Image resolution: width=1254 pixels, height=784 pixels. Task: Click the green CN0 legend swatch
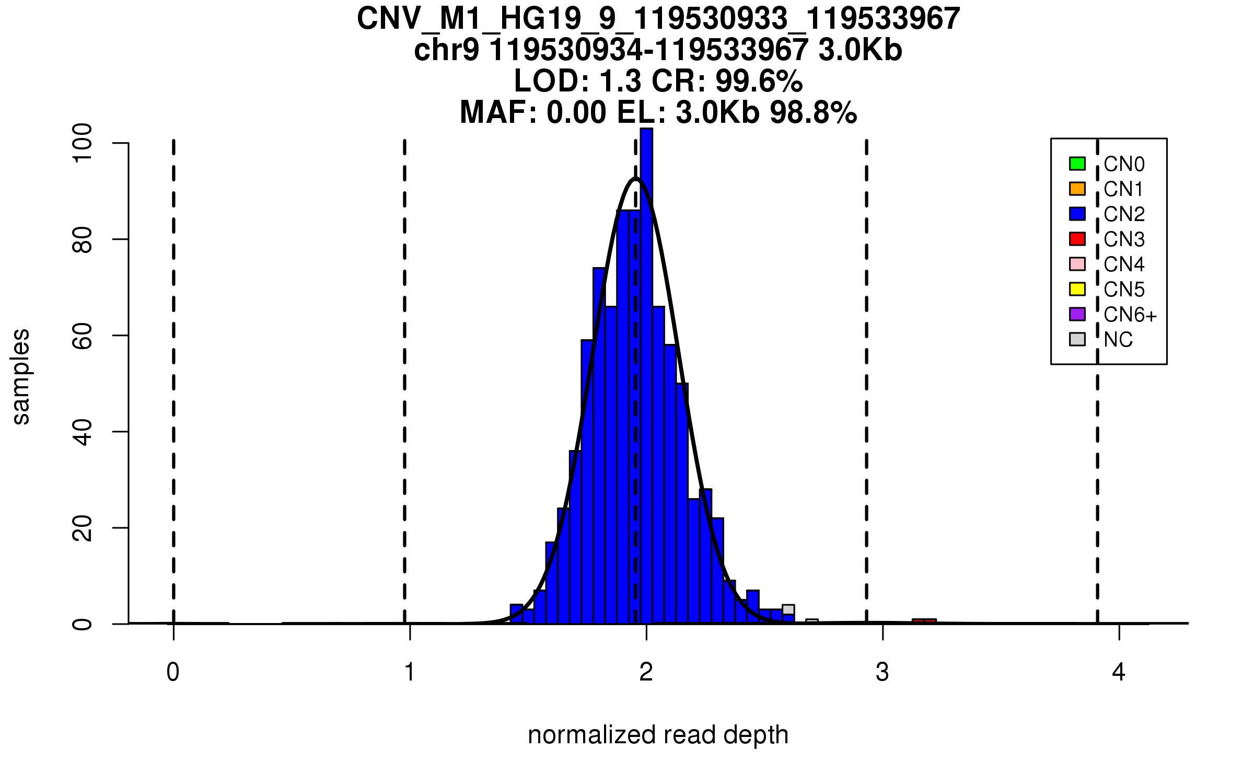click(x=1077, y=164)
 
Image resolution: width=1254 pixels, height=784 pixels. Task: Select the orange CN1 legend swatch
click(x=1077, y=189)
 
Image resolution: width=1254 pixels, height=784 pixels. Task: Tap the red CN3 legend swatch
click(x=1077, y=239)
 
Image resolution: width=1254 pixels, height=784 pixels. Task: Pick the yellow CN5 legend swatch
click(x=1077, y=289)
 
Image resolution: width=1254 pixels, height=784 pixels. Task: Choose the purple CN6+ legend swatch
click(x=1077, y=314)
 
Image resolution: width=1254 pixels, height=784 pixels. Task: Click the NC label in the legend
click(x=1118, y=340)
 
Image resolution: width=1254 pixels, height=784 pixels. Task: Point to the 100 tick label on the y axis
click(x=83, y=143)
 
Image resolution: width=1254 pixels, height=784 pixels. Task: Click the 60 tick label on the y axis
click(x=83, y=336)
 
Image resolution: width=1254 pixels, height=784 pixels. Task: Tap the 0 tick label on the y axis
click(x=83, y=624)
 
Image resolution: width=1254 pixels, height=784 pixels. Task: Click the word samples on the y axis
click(x=21, y=376)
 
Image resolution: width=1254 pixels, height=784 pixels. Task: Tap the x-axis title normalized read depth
click(x=658, y=735)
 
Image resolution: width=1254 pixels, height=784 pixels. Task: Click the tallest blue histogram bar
click(x=647, y=366)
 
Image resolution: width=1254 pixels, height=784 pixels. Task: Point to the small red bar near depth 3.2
click(x=924, y=621)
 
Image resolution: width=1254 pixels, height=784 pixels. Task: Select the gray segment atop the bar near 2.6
click(x=788, y=609)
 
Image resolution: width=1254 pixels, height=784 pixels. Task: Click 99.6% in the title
click(x=759, y=82)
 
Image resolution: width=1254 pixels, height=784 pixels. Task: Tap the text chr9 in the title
click(x=446, y=51)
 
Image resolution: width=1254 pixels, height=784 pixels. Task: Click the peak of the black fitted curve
click(x=635, y=179)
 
